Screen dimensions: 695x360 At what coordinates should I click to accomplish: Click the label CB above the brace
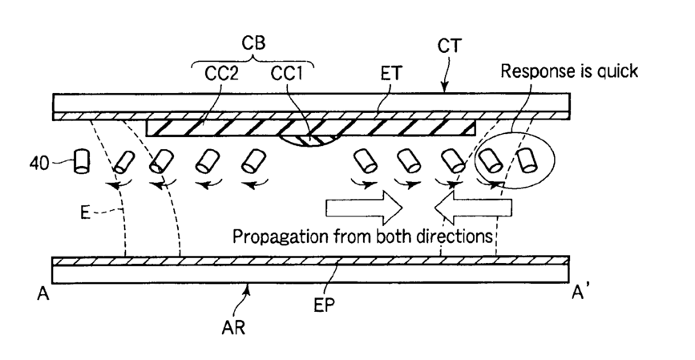pyautogui.click(x=253, y=43)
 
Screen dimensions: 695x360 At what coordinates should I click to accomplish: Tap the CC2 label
pyautogui.click(x=221, y=74)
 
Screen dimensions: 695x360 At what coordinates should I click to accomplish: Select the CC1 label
pyautogui.click(x=286, y=74)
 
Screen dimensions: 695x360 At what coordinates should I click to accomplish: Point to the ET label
pyautogui.click(x=391, y=74)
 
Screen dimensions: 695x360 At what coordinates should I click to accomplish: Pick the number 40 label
pyautogui.click(x=39, y=164)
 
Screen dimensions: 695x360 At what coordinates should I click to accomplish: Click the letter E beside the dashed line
pyautogui.click(x=85, y=212)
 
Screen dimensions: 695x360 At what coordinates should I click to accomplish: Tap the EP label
pyautogui.click(x=325, y=305)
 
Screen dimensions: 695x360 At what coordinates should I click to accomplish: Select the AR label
pyautogui.click(x=233, y=328)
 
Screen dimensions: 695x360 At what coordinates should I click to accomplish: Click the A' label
pyautogui.click(x=580, y=293)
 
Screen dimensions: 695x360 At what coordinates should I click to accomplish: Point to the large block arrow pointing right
pyautogui.click(x=364, y=208)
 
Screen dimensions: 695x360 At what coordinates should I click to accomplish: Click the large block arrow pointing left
pyautogui.click(x=473, y=208)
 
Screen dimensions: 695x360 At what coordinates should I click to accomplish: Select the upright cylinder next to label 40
pyautogui.click(x=82, y=161)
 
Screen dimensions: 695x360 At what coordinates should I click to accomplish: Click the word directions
pyautogui.click(x=455, y=236)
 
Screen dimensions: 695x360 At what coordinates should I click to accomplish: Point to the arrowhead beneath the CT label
pyautogui.click(x=445, y=89)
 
